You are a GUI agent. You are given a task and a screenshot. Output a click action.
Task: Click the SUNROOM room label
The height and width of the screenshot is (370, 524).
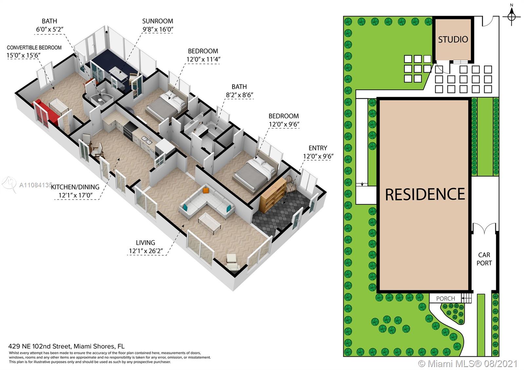pyautogui.click(x=158, y=21)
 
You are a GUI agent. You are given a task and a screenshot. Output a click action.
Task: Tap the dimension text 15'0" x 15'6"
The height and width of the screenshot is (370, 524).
pyautogui.click(x=23, y=55)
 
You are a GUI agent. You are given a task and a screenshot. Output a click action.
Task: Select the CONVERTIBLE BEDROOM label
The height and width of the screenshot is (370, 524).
pyautogui.click(x=34, y=47)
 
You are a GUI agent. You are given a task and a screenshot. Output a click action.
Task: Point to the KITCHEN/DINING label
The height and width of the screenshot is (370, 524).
pyautogui.click(x=75, y=187)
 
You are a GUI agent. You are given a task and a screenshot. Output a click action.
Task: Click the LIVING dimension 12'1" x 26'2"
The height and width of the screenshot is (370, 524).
pyautogui.click(x=146, y=251)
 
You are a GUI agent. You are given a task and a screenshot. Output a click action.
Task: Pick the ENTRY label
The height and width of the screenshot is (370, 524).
pyautogui.click(x=318, y=148)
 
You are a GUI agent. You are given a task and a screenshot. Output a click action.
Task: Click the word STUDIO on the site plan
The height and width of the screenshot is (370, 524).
pyautogui.click(x=453, y=40)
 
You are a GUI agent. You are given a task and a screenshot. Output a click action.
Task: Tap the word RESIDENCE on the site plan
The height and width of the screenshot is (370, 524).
pyautogui.click(x=425, y=194)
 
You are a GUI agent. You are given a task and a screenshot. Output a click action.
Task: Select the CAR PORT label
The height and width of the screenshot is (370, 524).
pyautogui.click(x=484, y=259)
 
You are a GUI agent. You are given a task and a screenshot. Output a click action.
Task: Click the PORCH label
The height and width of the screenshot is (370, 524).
pyautogui.click(x=445, y=299)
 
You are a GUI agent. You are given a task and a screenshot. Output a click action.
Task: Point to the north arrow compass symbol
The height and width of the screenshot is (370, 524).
pyautogui.click(x=511, y=17)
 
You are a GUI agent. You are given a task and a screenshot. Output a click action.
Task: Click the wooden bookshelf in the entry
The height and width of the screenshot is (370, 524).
pyautogui.click(x=272, y=195)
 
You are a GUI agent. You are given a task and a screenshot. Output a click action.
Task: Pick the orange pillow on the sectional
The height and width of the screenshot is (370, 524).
pyautogui.click(x=206, y=191)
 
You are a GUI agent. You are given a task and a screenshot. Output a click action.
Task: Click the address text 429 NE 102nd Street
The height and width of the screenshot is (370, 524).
pyautogui.click(x=40, y=346)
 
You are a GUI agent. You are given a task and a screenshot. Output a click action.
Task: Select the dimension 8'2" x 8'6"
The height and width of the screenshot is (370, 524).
pyautogui.click(x=239, y=95)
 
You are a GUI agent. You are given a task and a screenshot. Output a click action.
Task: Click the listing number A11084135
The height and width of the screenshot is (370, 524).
pyautogui.click(x=36, y=185)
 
